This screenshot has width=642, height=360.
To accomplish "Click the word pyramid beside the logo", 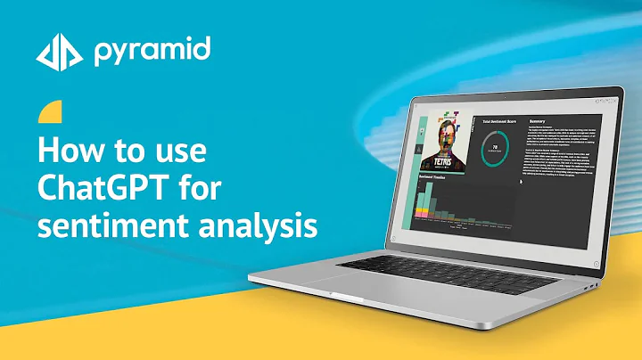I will tap(152, 51).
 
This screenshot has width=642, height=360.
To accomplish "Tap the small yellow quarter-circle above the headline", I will tap(52, 113).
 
